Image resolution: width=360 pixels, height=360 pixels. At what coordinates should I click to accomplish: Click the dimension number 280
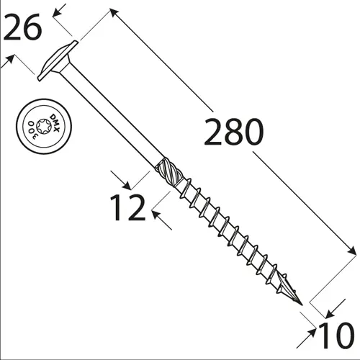pos(234,132)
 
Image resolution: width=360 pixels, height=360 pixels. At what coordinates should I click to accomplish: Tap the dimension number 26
pos(22,27)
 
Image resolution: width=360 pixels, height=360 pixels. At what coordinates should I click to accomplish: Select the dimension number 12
pos(127,207)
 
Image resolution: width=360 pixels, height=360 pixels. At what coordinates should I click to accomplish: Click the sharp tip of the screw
pos(302,305)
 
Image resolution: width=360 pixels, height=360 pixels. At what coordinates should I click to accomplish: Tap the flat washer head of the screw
pos(58,60)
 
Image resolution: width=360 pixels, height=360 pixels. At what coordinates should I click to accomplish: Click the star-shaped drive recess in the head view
pos(44,126)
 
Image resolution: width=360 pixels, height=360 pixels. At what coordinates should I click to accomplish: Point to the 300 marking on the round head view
pos(32,130)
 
